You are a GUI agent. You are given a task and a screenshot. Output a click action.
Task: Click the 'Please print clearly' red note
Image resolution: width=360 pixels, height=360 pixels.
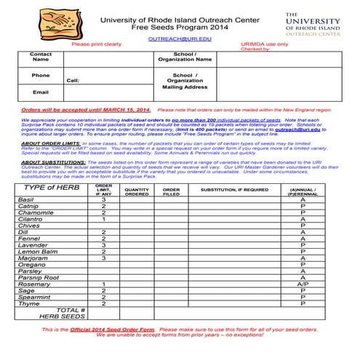[96, 44]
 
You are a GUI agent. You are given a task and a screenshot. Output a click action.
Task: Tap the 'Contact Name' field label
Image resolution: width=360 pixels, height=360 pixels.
[41, 57]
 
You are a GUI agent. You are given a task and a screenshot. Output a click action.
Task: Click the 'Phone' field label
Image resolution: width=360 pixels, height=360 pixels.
[41, 75]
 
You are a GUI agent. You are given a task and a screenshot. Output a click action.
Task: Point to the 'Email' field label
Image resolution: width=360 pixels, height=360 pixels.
[41, 92]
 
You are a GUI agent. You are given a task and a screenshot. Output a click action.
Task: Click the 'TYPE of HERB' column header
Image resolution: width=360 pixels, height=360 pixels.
[52, 188]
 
